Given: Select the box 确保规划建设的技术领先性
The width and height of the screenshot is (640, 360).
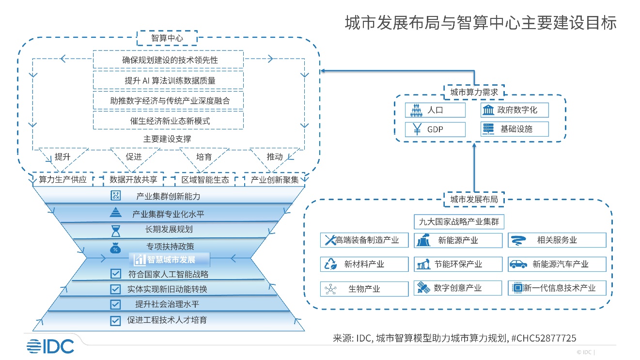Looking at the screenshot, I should tap(168, 60).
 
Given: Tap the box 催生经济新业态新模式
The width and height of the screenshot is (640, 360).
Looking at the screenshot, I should tap(168, 121).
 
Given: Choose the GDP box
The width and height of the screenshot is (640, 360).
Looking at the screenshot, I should tap(435, 129).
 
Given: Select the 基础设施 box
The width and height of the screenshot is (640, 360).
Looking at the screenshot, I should tap(515, 129).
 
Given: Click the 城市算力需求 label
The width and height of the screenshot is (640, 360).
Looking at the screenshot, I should tap(474, 92).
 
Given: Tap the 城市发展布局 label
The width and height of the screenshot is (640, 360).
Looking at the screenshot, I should tap(474, 199).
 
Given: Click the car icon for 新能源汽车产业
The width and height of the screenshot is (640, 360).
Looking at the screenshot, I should tap(518, 264).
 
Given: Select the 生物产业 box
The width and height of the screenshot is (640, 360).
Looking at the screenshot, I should tap(364, 289).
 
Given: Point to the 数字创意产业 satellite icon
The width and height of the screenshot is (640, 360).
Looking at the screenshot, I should tap(422, 288).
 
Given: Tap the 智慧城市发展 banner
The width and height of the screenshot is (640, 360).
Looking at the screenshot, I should tap(170, 259).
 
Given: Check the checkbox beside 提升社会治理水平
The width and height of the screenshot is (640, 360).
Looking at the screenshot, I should tap(115, 304).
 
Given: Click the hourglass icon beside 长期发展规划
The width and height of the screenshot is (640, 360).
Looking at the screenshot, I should tap(115, 230).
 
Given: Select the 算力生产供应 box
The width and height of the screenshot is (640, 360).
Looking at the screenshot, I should tap(62, 180).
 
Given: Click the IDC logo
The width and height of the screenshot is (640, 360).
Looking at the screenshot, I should tap(50, 346).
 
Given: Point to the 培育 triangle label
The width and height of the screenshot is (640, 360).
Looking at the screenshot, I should tap(204, 157).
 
